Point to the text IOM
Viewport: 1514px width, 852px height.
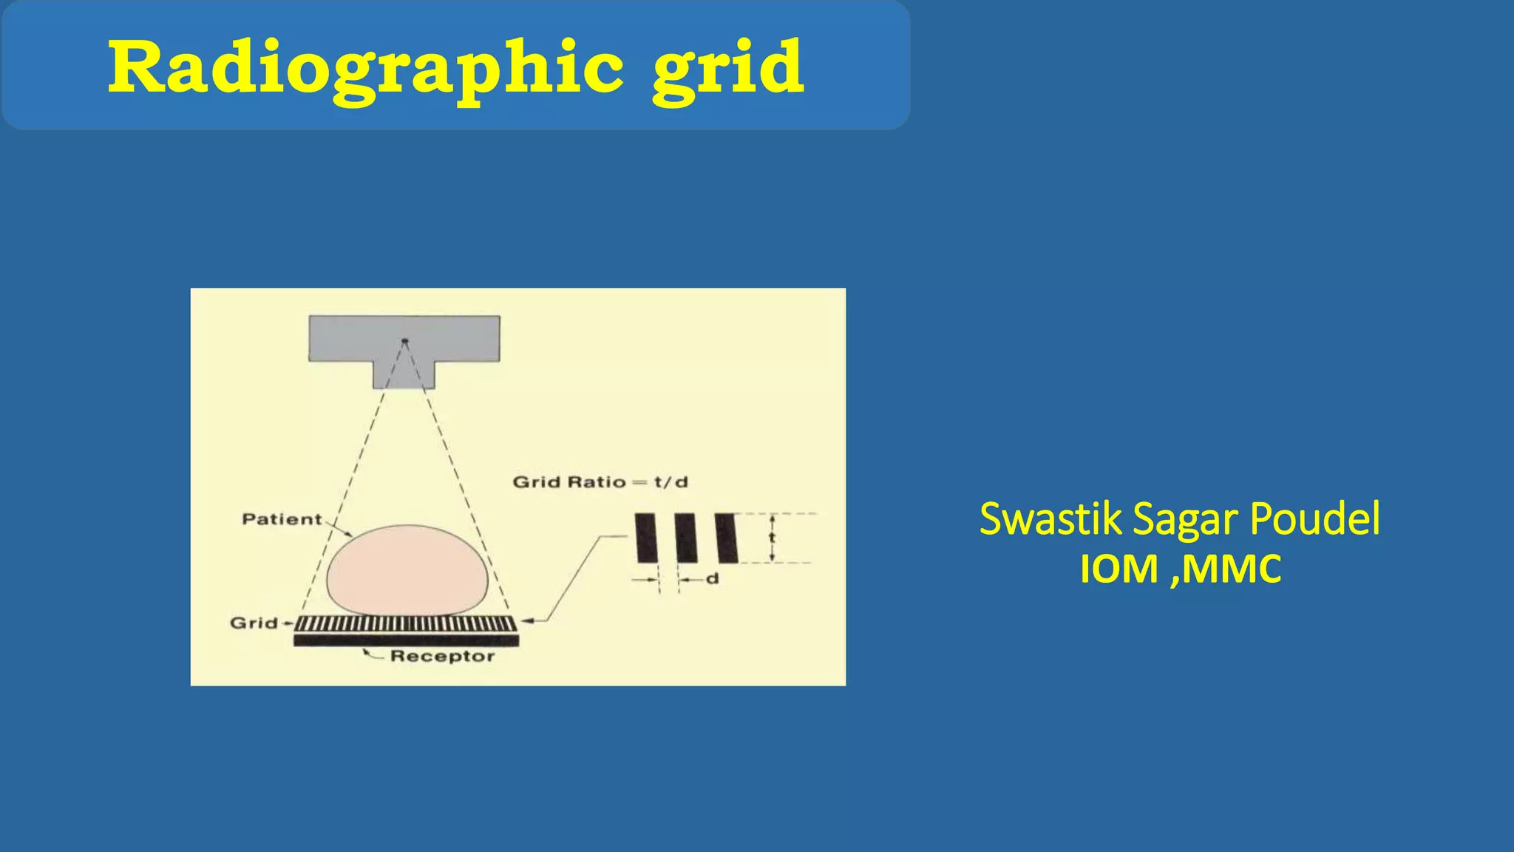(x=1118, y=569)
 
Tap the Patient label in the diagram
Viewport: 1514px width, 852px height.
(x=282, y=519)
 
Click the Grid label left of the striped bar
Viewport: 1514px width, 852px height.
(x=254, y=623)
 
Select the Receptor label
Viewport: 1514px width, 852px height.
(x=442, y=656)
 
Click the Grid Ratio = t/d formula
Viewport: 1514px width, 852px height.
(x=600, y=482)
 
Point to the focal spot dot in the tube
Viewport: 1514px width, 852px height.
(x=404, y=341)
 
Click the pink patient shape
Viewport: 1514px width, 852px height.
(x=407, y=569)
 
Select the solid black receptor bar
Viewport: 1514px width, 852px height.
(x=406, y=640)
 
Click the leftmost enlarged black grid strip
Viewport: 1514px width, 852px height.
(x=646, y=538)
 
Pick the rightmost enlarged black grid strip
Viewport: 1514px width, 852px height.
(x=726, y=538)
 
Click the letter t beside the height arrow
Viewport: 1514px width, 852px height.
(x=772, y=538)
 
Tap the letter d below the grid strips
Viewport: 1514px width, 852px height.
(x=712, y=578)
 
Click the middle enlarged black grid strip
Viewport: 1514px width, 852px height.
(x=686, y=538)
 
